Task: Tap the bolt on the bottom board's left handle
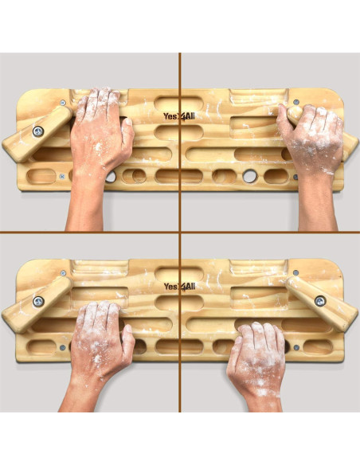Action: [37, 301]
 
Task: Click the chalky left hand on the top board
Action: [100, 135]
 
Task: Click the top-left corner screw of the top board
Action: [63, 103]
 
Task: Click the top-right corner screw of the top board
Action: [296, 102]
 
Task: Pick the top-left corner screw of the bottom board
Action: [63, 273]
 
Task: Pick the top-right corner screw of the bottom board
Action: [296, 273]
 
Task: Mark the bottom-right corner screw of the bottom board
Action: [296, 347]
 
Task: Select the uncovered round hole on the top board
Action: [247, 175]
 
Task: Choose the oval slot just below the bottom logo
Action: [169, 303]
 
